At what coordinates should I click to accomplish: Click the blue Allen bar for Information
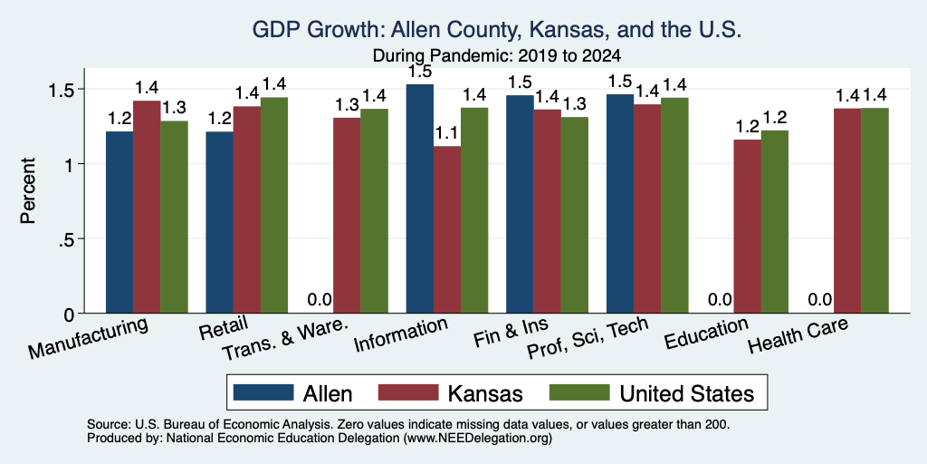[420, 198]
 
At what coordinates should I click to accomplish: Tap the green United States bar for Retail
[274, 206]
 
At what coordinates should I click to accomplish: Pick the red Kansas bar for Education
[747, 227]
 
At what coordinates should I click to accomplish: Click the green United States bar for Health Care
[875, 210]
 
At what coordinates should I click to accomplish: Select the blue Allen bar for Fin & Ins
[520, 204]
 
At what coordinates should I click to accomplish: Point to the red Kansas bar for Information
[447, 229]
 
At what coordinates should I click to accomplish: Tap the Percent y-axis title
[28, 190]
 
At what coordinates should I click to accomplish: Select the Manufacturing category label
[88, 338]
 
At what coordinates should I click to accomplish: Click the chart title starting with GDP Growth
[497, 30]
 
